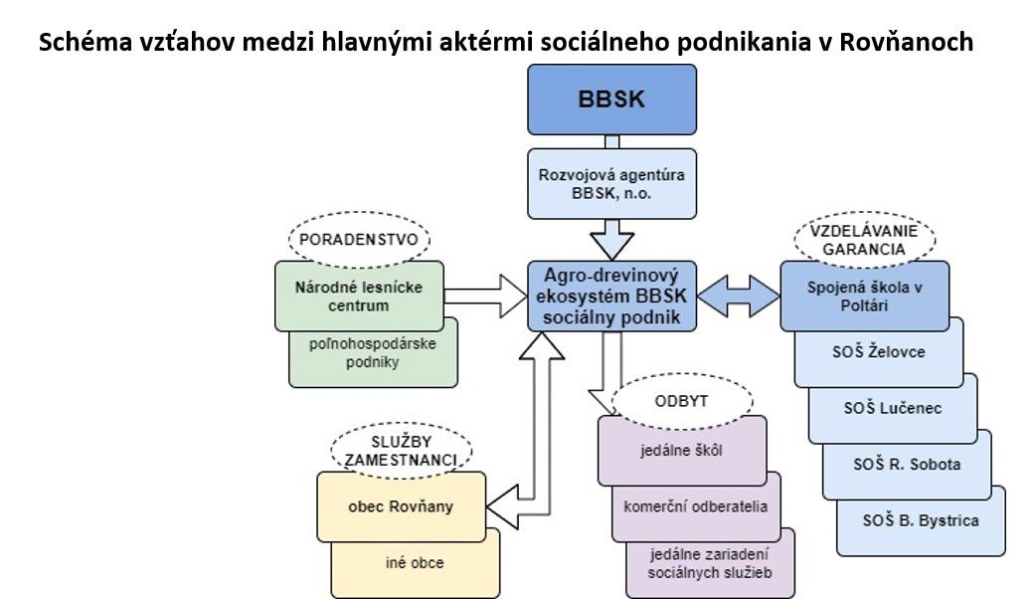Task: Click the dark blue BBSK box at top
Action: point(611,100)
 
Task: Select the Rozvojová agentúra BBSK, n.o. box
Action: point(611,184)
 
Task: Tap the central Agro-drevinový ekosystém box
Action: point(612,296)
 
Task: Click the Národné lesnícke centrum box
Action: point(358,296)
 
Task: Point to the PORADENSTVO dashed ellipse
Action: point(359,239)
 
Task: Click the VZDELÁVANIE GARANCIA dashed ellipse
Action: point(864,240)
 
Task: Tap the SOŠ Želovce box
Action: point(878,353)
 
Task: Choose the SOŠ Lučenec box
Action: point(892,408)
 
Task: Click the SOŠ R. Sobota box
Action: point(906,464)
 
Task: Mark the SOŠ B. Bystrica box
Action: point(920,520)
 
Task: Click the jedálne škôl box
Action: point(682,450)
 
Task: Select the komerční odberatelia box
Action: point(696,505)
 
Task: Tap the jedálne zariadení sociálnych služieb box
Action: point(709,563)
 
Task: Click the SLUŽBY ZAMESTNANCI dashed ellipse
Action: point(401,449)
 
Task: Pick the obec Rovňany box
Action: point(401,506)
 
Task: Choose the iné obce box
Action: point(415,563)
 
